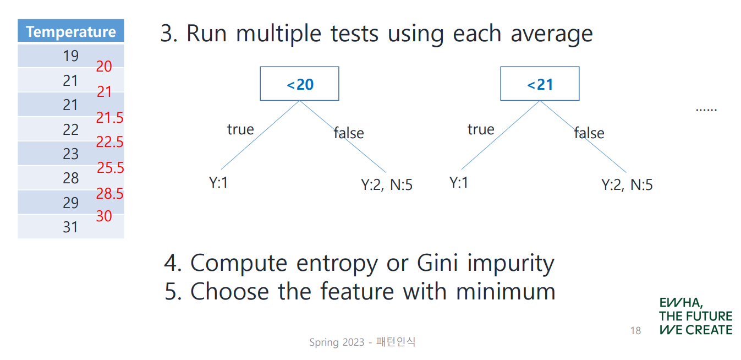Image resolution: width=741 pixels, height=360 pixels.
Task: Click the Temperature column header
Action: (71, 31)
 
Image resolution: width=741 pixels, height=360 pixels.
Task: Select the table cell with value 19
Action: (71, 56)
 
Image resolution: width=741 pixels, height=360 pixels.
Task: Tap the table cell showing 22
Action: (71, 129)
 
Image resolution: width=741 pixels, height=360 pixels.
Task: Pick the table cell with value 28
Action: (71, 178)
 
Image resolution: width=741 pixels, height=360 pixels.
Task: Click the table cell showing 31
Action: (71, 227)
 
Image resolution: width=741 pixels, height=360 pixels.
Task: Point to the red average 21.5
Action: (109, 117)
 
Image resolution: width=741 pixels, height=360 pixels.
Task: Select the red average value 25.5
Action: (110, 168)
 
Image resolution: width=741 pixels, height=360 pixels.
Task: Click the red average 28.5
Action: (109, 193)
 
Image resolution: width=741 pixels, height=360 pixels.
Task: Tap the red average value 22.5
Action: (109, 141)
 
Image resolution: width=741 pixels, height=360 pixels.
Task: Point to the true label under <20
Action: (240, 129)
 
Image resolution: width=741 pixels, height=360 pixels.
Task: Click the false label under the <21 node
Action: (589, 133)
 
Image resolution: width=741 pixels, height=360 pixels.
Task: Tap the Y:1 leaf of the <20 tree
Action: (218, 182)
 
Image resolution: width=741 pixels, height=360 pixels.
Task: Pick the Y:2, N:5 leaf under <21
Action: (627, 184)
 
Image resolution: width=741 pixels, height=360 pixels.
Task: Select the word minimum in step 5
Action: (506, 292)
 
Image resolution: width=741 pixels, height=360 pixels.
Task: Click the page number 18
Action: (635, 331)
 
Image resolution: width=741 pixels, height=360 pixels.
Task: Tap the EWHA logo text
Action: (696, 316)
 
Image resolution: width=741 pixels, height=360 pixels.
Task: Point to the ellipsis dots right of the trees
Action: (706, 110)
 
